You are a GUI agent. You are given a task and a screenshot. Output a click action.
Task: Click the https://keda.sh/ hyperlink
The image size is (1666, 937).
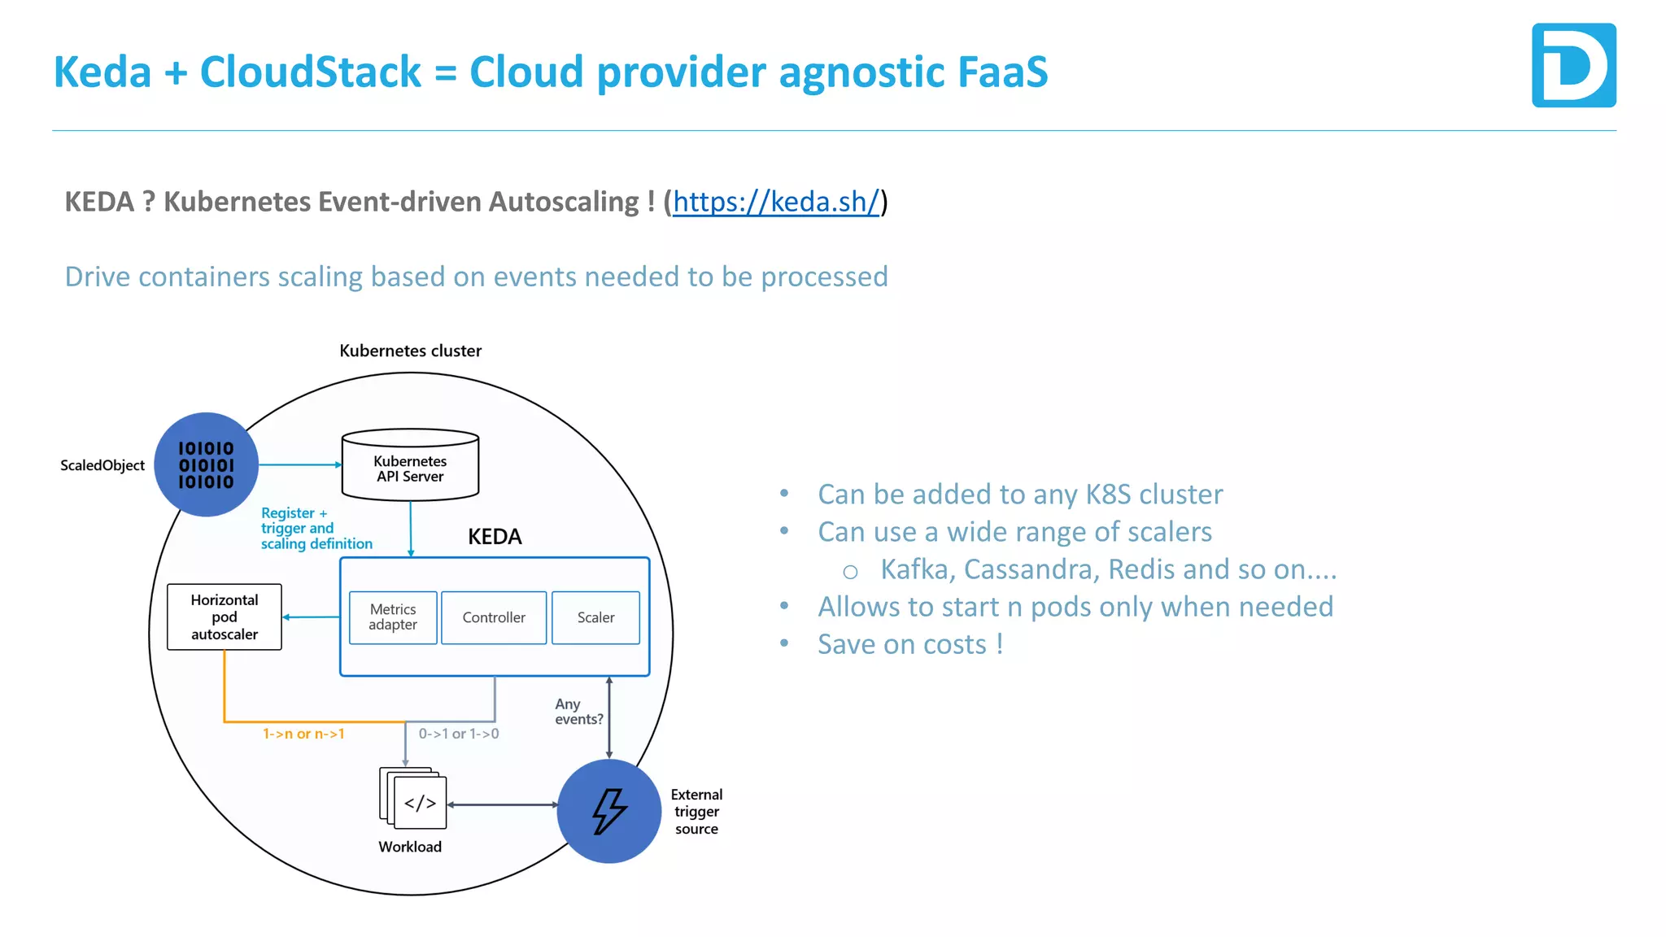[775, 202]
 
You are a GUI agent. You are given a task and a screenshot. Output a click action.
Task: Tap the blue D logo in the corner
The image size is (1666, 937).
[1573, 65]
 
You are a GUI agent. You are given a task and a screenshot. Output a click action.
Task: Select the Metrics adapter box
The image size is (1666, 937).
[393, 617]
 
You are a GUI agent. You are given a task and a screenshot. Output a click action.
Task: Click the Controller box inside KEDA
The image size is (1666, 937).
[494, 617]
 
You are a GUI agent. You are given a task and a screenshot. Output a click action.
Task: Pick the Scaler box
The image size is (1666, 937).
[595, 617]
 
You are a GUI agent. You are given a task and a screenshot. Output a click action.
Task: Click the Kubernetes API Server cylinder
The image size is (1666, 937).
[410, 465]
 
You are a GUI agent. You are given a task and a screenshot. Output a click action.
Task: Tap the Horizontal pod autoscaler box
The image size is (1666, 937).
[225, 617]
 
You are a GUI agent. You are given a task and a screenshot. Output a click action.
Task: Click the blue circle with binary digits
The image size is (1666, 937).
[207, 464]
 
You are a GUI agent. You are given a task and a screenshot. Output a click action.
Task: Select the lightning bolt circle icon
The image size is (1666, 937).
[609, 811]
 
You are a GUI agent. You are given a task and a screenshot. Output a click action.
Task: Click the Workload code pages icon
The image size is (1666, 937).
[414, 798]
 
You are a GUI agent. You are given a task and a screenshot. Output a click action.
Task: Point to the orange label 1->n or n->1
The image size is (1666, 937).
[303, 734]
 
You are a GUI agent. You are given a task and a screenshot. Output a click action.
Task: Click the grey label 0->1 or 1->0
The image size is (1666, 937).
[459, 734]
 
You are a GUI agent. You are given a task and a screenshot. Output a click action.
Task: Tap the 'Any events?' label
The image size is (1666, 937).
[578, 712]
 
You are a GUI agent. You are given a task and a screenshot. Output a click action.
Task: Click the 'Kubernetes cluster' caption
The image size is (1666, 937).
[410, 351]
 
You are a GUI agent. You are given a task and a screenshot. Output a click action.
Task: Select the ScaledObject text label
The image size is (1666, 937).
[102, 465]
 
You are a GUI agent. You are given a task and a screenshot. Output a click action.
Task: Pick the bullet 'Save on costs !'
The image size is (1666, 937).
[910, 644]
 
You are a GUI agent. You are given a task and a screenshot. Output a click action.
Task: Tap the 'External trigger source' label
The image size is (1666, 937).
[696, 812]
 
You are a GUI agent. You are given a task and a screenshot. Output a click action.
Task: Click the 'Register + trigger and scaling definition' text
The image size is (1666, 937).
[316, 529]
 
